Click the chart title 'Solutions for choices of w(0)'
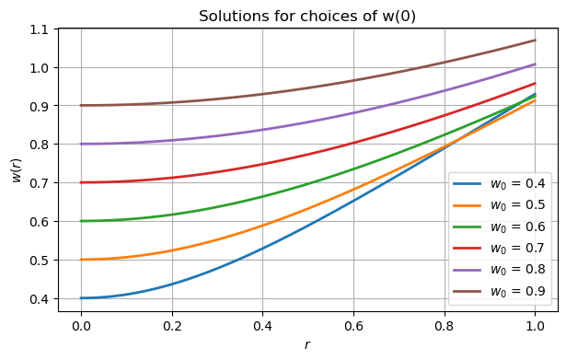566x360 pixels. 307,16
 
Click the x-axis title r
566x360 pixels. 307,345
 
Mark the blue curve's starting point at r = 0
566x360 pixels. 81,297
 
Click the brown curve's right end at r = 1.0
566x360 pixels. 534,40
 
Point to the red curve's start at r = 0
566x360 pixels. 81,182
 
